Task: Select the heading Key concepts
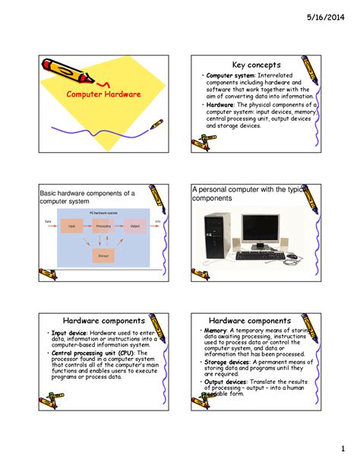tap(256, 65)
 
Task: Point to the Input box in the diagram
tap(71, 226)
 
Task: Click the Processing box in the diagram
tap(103, 226)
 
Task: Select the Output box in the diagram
tap(134, 226)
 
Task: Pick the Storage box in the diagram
tap(103, 256)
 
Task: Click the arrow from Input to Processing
tap(87, 226)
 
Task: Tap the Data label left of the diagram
tap(47, 221)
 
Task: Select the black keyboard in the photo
tap(257, 256)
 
